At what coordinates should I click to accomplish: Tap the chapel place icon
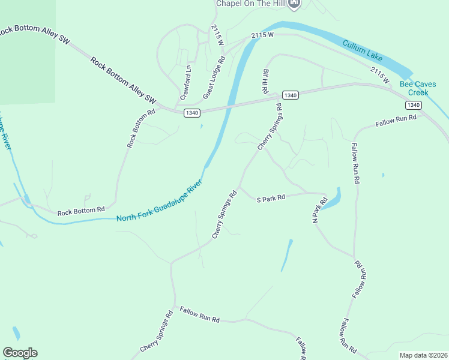(294, 4)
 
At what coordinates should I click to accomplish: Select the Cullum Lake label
(363, 50)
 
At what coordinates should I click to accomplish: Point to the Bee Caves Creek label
(418, 89)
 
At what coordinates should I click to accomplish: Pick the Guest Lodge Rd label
(213, 77)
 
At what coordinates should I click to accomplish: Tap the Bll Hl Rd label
(265, 80)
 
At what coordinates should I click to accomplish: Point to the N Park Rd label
(315, 213)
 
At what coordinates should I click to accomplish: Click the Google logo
(20, 353)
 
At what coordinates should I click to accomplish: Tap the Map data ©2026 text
(423, 355)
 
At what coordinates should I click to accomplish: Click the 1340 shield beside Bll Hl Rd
(290, 95)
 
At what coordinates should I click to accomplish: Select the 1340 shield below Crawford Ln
(192, 113)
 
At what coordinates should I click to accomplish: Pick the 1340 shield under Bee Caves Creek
(413, 105)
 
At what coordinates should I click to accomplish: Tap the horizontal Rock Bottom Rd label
(81, 211)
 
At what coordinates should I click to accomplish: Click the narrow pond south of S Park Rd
(286, 256)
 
